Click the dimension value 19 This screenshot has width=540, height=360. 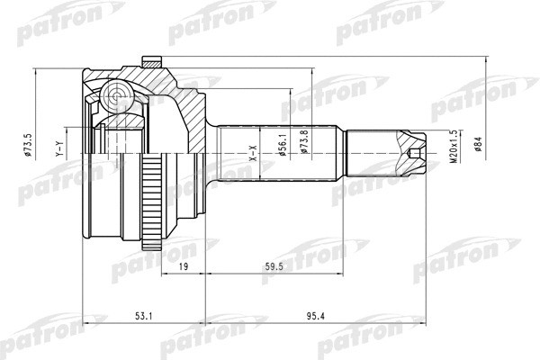click(x=182, y=267)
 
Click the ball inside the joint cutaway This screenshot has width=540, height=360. click(x=114, y=94)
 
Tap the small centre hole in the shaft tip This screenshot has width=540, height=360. click(x=415, y=153)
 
